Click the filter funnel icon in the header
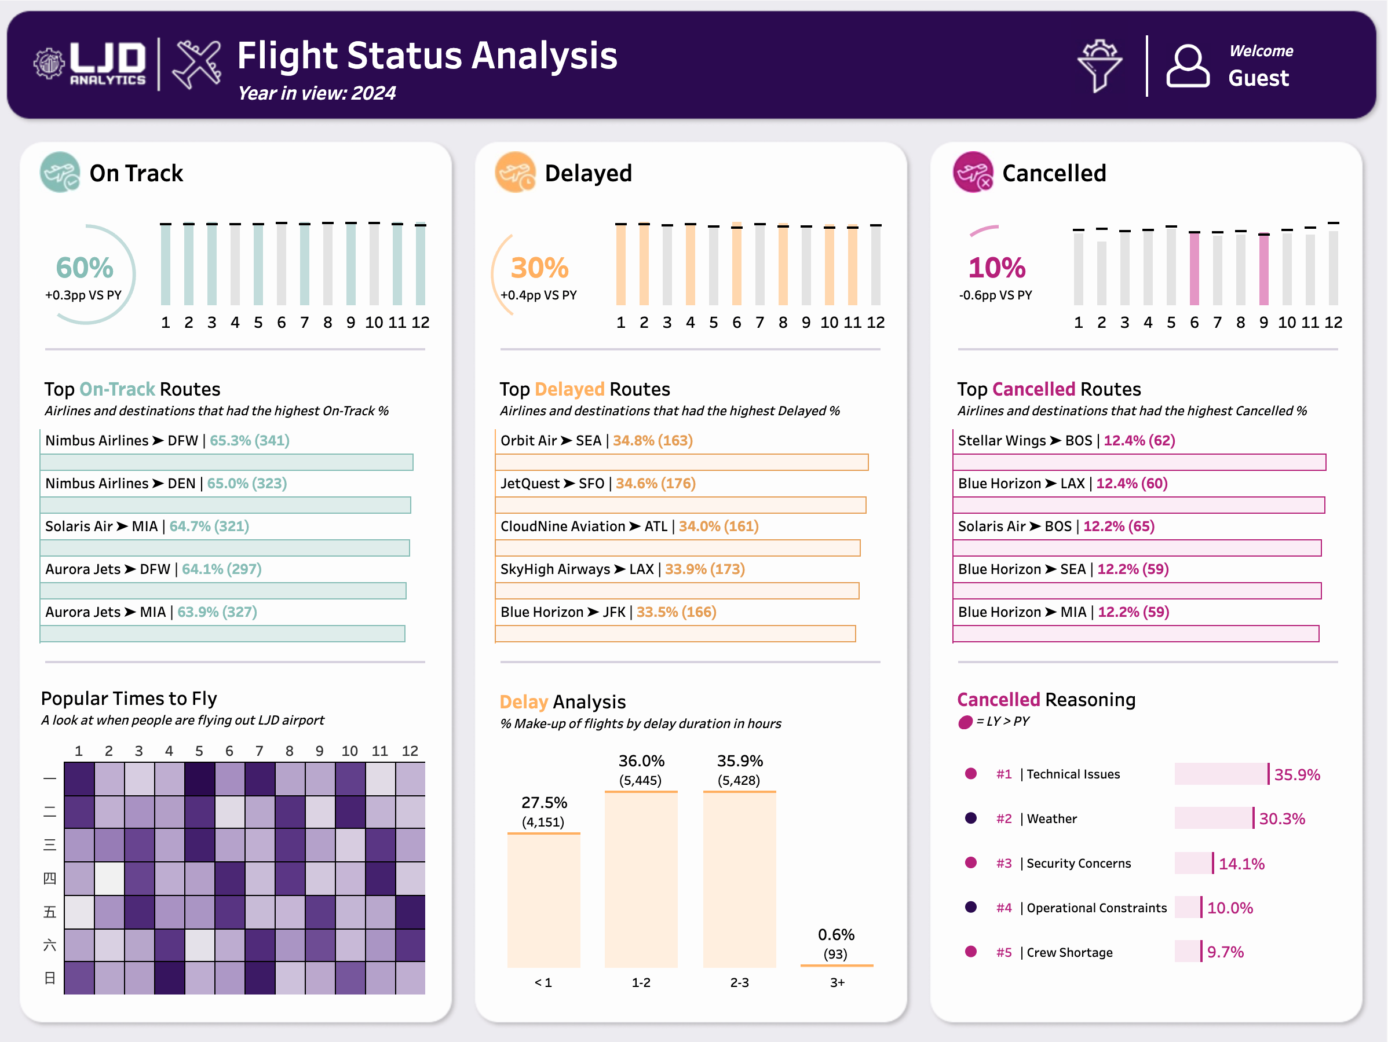(1100, 66)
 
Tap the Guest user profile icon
(1187, 66)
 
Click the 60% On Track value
(85, 268)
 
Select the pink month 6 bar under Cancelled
(1194, 269)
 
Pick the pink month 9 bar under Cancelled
(1264, 269)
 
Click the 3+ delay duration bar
(837, 965)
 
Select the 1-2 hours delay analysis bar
(641, 878)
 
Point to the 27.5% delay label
(544, 802)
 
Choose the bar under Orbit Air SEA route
(681, 462)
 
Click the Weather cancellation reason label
(1051, 818)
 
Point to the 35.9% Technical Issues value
(1297, 775)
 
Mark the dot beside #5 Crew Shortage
(971, 952)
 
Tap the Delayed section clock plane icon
(515, 173)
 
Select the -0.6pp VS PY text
(995, 295)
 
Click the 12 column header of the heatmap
(410, 751)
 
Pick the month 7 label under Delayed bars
(760, 323)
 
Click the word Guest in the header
(1258, 78)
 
